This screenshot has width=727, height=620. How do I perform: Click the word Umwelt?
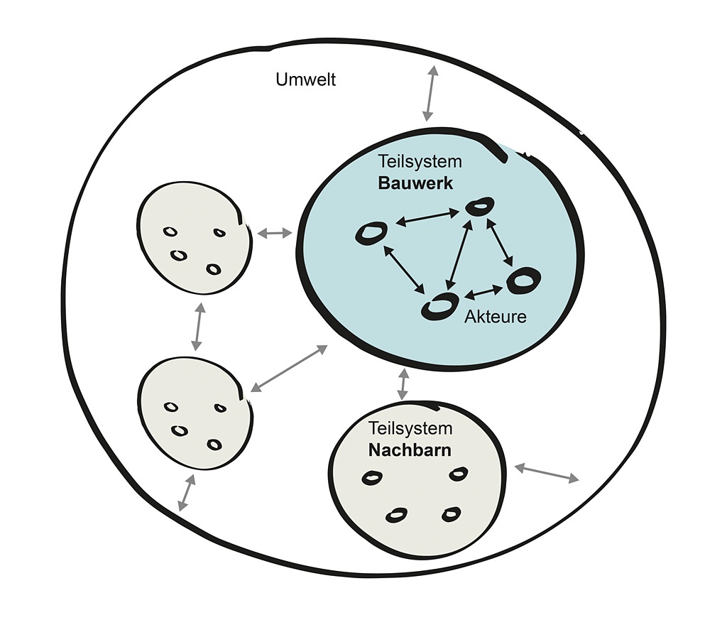pos(305,79)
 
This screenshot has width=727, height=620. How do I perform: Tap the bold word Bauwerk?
pos(415,183)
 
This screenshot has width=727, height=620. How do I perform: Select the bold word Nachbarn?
pos(410,450)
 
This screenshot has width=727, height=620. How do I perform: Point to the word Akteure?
pos(496,317)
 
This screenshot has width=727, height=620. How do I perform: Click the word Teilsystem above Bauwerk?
pos(420,162)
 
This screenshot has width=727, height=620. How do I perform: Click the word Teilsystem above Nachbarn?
pos(410,428)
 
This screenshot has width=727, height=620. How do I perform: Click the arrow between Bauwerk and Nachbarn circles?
pos(403,384)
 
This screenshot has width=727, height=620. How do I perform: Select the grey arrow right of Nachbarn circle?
pos(546,473)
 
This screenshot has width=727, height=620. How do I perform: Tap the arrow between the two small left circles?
pos(198,327)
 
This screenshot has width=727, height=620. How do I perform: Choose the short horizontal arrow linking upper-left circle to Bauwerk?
pos(274,233)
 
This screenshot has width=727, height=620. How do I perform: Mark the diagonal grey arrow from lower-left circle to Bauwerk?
pos(289,368)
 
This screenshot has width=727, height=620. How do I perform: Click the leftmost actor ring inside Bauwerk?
pos(371,233)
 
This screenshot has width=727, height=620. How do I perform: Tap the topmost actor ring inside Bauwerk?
pos(480,207)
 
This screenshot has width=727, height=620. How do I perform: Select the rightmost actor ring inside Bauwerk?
pos(523,280)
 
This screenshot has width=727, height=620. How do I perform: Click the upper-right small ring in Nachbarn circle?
pos(459,474)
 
